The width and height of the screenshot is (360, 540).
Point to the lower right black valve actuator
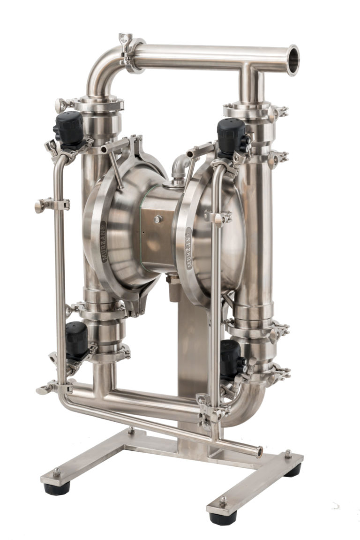[231, 358]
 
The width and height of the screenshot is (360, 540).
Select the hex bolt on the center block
[157, 219]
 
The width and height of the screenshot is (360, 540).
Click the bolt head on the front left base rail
[57, 472]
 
